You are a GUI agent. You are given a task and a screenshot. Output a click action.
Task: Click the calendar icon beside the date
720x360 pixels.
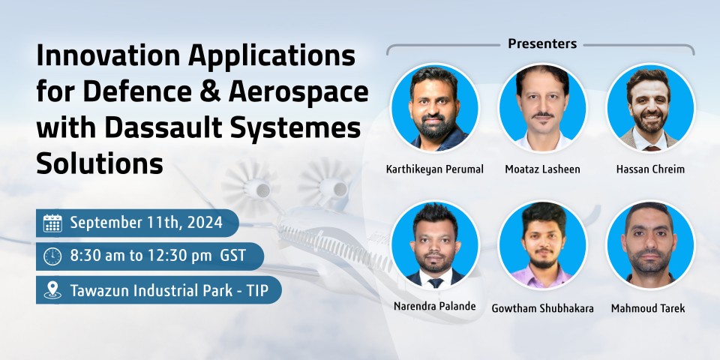pos(52,223)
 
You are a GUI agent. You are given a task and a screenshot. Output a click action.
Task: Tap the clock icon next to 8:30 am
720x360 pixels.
pos(52,256)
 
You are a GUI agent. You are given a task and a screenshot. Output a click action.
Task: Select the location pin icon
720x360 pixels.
pos(52,289)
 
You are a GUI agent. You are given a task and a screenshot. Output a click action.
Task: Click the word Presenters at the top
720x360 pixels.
pos(542,43)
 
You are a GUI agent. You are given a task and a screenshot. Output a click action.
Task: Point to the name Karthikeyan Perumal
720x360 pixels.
pos(434,169)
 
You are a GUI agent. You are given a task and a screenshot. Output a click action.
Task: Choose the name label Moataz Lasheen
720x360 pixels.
pos(542,169)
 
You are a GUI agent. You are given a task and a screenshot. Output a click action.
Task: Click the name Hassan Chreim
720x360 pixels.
pos(650,169)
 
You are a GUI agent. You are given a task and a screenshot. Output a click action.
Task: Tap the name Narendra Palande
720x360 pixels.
pos(434,306)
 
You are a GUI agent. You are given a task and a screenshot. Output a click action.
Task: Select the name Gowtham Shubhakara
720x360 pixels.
pos(542,308)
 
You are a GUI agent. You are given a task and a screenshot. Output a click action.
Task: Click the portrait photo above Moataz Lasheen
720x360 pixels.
pos(542,108)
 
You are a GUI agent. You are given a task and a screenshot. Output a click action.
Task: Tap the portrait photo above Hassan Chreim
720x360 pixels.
pos(650,108)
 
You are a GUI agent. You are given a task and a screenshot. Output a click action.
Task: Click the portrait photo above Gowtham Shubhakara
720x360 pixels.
pos(542,244)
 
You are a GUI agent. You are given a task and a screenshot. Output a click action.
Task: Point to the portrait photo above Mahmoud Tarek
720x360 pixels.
pos(650,244)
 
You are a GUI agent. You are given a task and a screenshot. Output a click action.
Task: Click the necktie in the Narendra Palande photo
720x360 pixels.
pos(435,283)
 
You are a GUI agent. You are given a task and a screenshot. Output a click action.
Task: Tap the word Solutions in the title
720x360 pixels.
pos(100,163)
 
